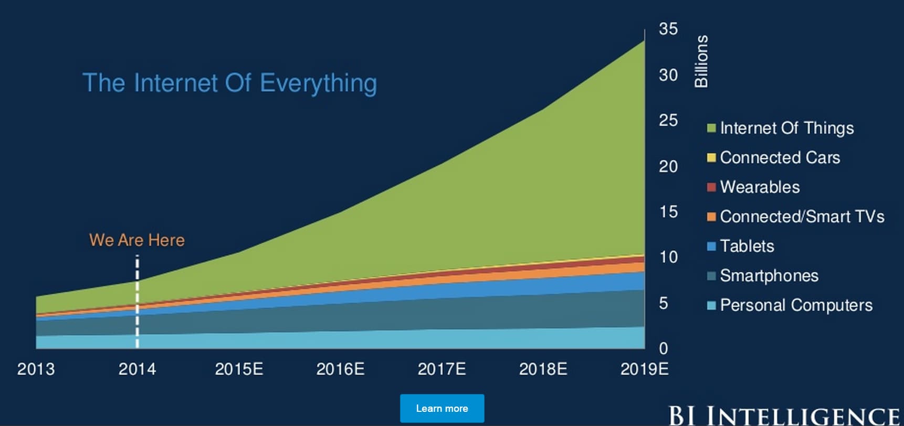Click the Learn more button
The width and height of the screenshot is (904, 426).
(x=442, y=408)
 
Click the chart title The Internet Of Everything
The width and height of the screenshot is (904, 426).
(x=229, y=83)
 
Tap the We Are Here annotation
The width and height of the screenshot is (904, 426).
(x=137, y=240)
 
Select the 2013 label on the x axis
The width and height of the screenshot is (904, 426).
(x=36, y=369)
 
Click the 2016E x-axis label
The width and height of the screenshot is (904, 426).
(x=340, y=369)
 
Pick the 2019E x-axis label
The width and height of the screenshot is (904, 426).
(x=644, y=369)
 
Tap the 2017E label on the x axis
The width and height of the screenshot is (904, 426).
(x=442, y=369)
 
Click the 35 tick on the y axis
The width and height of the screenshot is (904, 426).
(x=668, y=29)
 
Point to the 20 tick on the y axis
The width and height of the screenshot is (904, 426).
(x=668, y=166)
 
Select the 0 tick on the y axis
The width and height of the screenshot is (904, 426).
(x=664, y=348)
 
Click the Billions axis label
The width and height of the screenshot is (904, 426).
(x=701, y=61)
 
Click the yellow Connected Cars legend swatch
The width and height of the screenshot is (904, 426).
(x=711, y=158)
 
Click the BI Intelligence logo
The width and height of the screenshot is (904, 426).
(x=784, y=416)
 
